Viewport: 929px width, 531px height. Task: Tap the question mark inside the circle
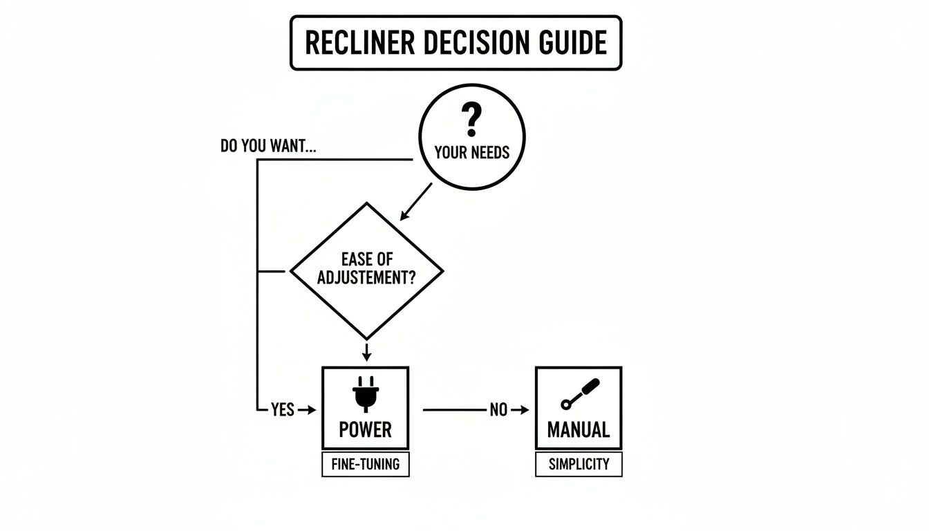tap(472, 121)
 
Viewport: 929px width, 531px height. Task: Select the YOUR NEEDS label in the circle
tap(472, 152)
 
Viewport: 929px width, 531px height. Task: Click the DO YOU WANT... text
tap(269, 147)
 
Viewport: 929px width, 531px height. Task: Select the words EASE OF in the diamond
tap(366, 259)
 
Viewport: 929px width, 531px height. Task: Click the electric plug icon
tap(366, 394)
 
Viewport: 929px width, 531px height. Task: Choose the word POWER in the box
tap(365, 430)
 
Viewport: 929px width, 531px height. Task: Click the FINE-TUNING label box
tap(365, 465)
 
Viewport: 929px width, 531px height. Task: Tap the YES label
tap(283, 410)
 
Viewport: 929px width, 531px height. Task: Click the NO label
tap(498, 410)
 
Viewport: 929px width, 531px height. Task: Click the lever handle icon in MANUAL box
tap(580, 393)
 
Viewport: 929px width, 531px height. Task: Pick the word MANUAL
tap(579, 430)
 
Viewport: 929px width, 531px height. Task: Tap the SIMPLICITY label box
tap(579, 465)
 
